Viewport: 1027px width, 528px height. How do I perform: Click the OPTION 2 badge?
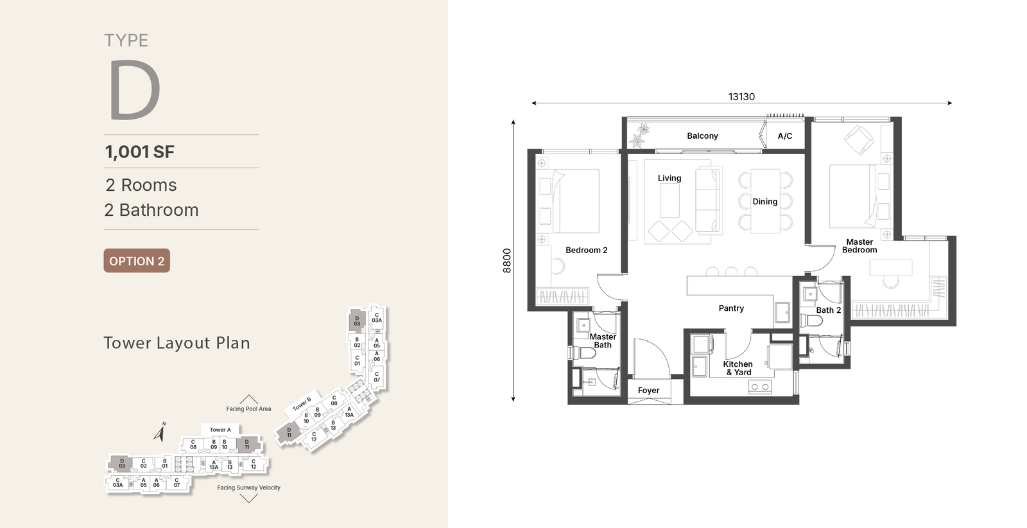pyautogui.click(x=137, y=261)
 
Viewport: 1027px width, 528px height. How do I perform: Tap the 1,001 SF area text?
pyautogui.click(x=140, y=152)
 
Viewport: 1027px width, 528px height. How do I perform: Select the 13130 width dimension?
pyautogui.click(x=741, y=97)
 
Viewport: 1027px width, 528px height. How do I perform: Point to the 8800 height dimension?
pyautogui.click(x=506, y=261)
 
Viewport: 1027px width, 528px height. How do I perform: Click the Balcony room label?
pyautogui.click(x=702, y=136)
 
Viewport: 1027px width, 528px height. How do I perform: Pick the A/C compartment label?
pyautogui.click(x=785, y=136)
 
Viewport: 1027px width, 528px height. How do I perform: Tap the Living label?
pyautogui.click(x=669, y=178)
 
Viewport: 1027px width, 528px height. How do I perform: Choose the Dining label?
pyautogui.click(x=764, y=202)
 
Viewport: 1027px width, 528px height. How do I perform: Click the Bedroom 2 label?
pyautogui.click(x=587, y=250)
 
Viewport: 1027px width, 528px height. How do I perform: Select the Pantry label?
pyautogui.click(x=731, y=308)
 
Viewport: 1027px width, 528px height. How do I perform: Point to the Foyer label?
pyautogui.click(x=648, y=391)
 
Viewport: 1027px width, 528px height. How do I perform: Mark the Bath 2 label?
pyautogui.click(x=829, y=310)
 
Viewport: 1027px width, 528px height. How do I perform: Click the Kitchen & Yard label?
pyautogui.click(x=738, y=368)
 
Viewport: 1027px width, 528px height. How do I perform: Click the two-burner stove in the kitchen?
pyautogui.click(x=760, y=387)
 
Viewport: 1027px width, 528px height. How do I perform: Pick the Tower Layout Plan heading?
pyautogui.click(x=177, y=343)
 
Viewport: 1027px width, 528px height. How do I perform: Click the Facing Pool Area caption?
pyautogui.click(x=248, y=409)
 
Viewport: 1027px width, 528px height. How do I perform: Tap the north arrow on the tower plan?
pyautogui.click(x=160, y=432)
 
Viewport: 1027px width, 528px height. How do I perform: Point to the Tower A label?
pyautogui.click(x=220, y=430)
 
